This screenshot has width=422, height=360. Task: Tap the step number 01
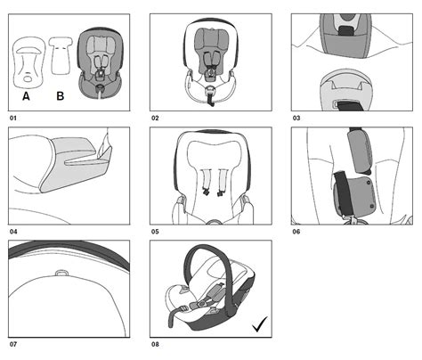[x=13, y=117]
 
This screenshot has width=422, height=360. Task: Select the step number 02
[x=155, y=117]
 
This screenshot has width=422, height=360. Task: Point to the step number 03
[x=296, y=117]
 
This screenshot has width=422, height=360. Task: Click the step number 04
[x=13, y=231]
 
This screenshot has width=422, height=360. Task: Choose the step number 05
[x=155, y=231]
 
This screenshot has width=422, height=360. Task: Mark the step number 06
[x=296, y=231]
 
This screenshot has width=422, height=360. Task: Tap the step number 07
[x=13, y=345]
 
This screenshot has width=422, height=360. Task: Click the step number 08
[x=155, y=345]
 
